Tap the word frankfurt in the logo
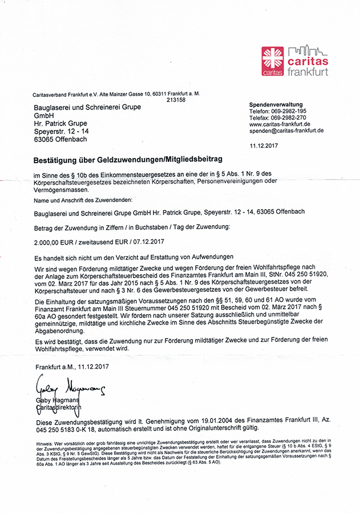pyautogui.click(x=308, y=72)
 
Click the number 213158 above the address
pyautogui.click(x=176, y=100)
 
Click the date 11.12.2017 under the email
pyautogui.click(x=264, y=145)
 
